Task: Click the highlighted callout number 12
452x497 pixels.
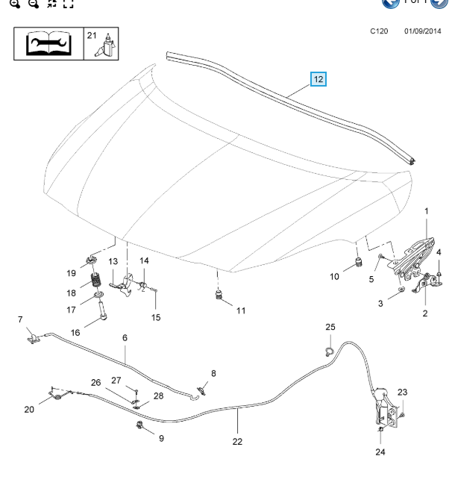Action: point(318,78)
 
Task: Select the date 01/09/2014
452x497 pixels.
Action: point(422,33)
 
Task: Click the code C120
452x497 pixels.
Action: point(380,33)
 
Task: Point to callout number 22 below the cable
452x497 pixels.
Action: point(237,440)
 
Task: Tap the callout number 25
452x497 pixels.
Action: point(330,327)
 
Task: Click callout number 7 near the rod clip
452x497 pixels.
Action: point(20,319)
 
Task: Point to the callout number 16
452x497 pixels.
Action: point(75,333)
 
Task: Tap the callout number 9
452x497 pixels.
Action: point(161,438)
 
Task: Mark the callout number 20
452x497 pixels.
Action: point(29,409)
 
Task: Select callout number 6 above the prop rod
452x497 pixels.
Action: point(125,337)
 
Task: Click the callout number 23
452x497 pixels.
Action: point(402,392)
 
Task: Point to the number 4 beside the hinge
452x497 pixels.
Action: point(439,251)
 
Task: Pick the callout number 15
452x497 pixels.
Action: point(156,317)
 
